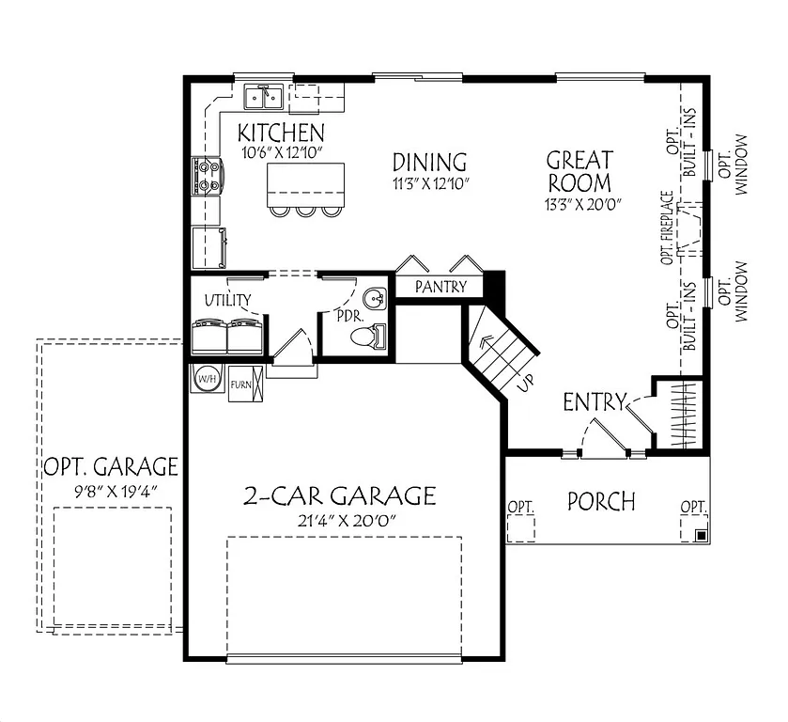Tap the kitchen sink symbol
click(x=265, y=95)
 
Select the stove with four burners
click(x=207, y=176)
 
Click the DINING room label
click(x=429, y=162)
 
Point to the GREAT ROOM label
click(x=579, y=171)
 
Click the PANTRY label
click(x=440, y=287)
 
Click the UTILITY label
click(x=227, y=301)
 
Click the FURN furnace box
click(x=240, y=384)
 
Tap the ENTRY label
click(x=594, y=403)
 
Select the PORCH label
click(x=601, y=501)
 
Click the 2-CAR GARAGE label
click(x=339, y=495)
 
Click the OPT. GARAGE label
click(x=111, y=466)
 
